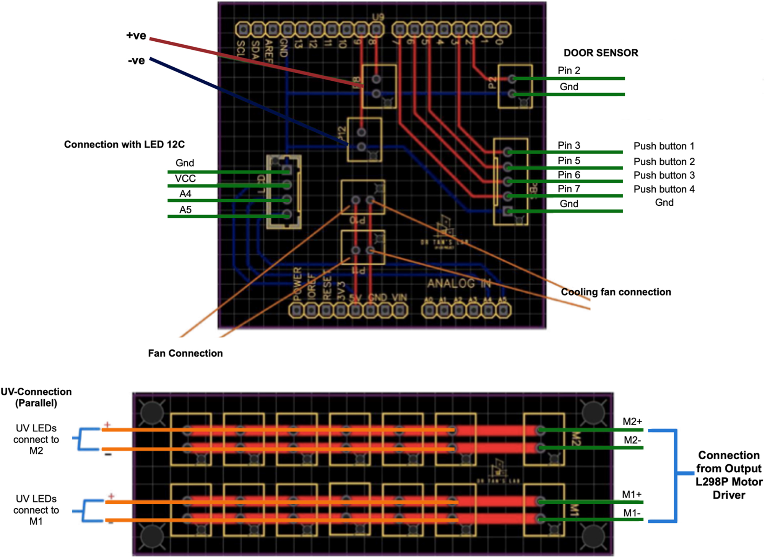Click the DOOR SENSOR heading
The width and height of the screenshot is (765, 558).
tap(601, 53)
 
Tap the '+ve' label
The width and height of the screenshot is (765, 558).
tap(136, 36)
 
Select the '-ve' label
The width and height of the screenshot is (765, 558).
tap(136, 60)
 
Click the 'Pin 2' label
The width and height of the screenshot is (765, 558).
tap(568, 70)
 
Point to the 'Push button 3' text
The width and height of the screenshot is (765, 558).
tap(664, 175)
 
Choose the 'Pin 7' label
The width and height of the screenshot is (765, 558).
tap(568, 189)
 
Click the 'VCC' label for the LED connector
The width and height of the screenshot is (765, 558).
tap(185, 179)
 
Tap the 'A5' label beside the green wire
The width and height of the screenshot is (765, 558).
tap(185, 210)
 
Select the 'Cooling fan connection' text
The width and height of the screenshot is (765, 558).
tap(616, 292)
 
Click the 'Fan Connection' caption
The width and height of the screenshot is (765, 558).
tap(185, 353)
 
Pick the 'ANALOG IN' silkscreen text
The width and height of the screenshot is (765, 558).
tap(459, 283)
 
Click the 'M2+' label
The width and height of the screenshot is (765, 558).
tap(632, 421)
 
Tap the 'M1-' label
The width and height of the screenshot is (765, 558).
tap(632, 513)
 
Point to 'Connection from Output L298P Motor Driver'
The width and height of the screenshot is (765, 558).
tap(729, 475)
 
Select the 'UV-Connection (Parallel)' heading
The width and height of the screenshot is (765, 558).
tap(36, 397)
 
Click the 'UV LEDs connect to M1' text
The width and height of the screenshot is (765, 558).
tap(36, 510)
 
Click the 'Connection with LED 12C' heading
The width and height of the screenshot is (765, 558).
tap(124, 144)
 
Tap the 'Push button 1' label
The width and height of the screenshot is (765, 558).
tap(664, 146)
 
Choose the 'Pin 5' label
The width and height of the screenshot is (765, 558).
tap(568, 161)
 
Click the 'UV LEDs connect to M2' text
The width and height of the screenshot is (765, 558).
tap(36, 439)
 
